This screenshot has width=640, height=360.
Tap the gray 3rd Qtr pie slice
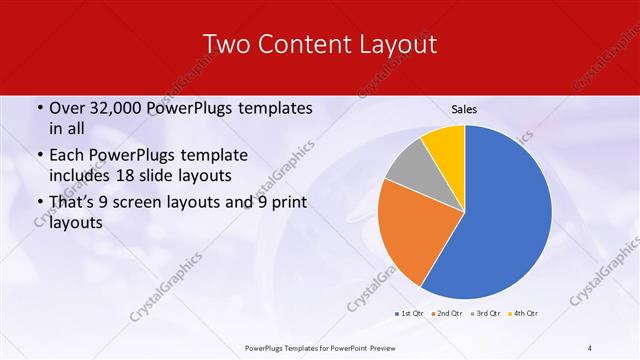409,169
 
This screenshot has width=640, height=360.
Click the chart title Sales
463,108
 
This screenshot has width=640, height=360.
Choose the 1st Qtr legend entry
409,314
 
